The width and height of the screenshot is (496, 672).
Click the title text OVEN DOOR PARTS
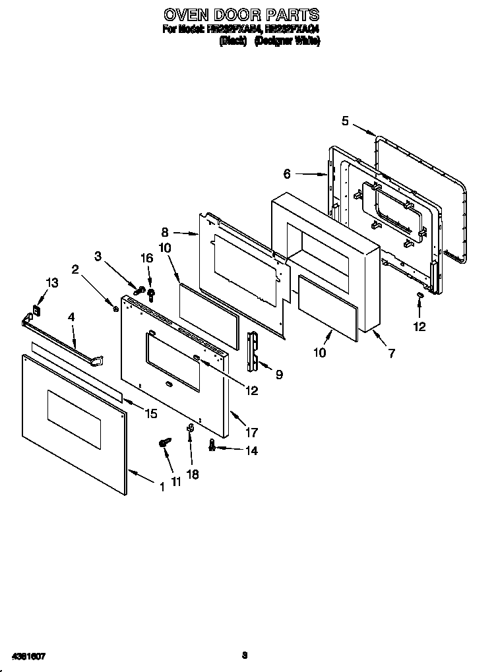pyautogui.click(x=241, y=15)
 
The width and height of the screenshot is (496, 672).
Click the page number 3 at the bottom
pyautogui.click(x=244, y=655)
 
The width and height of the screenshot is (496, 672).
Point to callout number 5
pyautogui.click(x=346, y=120)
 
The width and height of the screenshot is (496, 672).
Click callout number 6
pyautogui.click(x=287, y=174)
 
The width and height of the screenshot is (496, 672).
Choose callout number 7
pyautogui.click(x=391, y=353)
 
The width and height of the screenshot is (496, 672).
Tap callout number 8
pyautogui.click(x=165, y=232)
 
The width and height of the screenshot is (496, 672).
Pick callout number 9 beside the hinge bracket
pyautogui.click(x=279, y=375)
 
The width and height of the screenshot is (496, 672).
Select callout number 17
pyautogui.click(x=251, y=433)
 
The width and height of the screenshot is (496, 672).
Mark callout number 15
pyautogui.click(x=151, y=413)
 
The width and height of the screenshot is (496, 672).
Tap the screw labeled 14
pyautogui.click(x=212, y=446)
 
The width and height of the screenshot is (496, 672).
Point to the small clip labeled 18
pyautogui.click(x=189, y=429)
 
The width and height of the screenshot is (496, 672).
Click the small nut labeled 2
pyautogui.click(x=116, y=305)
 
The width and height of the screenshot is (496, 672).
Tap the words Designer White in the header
pyautogui.click(x=288, y=41)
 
